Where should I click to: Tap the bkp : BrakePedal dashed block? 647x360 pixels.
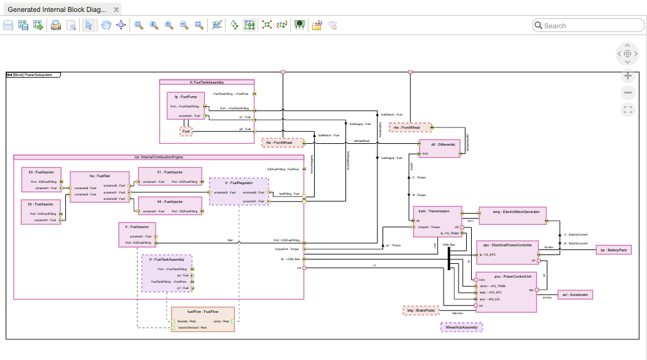pos(420,310)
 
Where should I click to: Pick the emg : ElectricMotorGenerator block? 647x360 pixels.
pos(513,212)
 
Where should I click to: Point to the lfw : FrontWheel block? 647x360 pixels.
pos(283,143)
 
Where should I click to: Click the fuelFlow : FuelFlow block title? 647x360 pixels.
pos(202,312)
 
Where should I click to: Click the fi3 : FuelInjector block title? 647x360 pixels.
pos(41,172)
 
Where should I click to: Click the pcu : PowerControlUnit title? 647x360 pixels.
pos(506,275)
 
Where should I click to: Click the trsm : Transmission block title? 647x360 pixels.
pos(437,212)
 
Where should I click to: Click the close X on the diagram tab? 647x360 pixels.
pos(116,11)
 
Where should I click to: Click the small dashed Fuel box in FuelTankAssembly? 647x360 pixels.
pos(186,131)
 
